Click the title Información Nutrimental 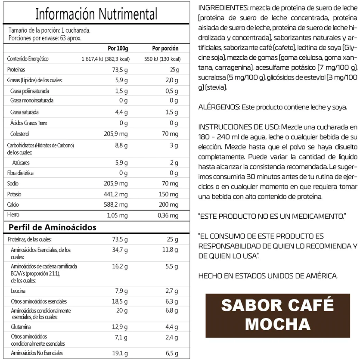(96, 14)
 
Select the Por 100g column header (118, 48)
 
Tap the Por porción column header (165, 48)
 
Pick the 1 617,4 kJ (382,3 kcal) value (105, 59)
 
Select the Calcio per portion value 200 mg (169, 204)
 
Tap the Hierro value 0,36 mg (168, 215)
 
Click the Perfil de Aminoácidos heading (52, 227)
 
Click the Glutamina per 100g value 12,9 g (120, 327)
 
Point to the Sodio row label (13, 183)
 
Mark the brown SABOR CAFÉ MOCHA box (277, 314)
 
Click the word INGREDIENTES (223, 8)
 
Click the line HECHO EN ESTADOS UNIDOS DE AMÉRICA (268, 276)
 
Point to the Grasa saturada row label (24, 112)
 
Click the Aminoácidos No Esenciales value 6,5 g (171, 353)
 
